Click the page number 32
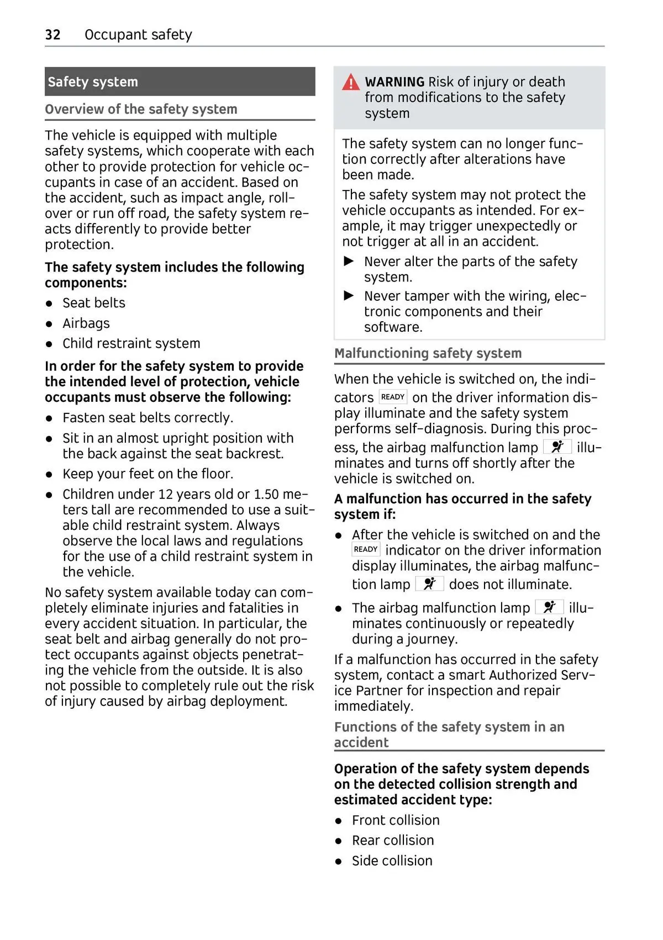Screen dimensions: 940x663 pos(52,35)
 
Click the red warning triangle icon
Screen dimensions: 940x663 pos(350,83)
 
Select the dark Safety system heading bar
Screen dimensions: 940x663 pos(180,82)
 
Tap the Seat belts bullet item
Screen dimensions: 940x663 pos(93,303)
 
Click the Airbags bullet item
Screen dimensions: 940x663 pos(86,323)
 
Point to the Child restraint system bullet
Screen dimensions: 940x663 pos(131,343)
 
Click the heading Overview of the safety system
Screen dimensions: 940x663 pos(141,109)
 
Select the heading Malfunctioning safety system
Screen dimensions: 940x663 pos(428,353)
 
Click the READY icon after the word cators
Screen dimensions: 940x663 pos(393,397)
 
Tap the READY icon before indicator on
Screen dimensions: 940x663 pos(366,549)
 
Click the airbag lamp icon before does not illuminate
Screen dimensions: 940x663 pos(429,583)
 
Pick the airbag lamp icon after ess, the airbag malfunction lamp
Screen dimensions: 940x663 pos(557,447)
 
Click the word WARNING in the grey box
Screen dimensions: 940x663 pos(394,82)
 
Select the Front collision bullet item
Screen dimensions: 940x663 pos(396,820)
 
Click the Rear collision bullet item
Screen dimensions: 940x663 pos(393,841)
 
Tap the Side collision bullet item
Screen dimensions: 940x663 pos(392,861)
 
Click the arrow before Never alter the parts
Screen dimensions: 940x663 pos(349,261)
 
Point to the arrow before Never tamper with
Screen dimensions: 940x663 pos(349,296)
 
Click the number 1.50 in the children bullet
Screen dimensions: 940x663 pos(266,494)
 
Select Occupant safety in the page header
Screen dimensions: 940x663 pos(138,35)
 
